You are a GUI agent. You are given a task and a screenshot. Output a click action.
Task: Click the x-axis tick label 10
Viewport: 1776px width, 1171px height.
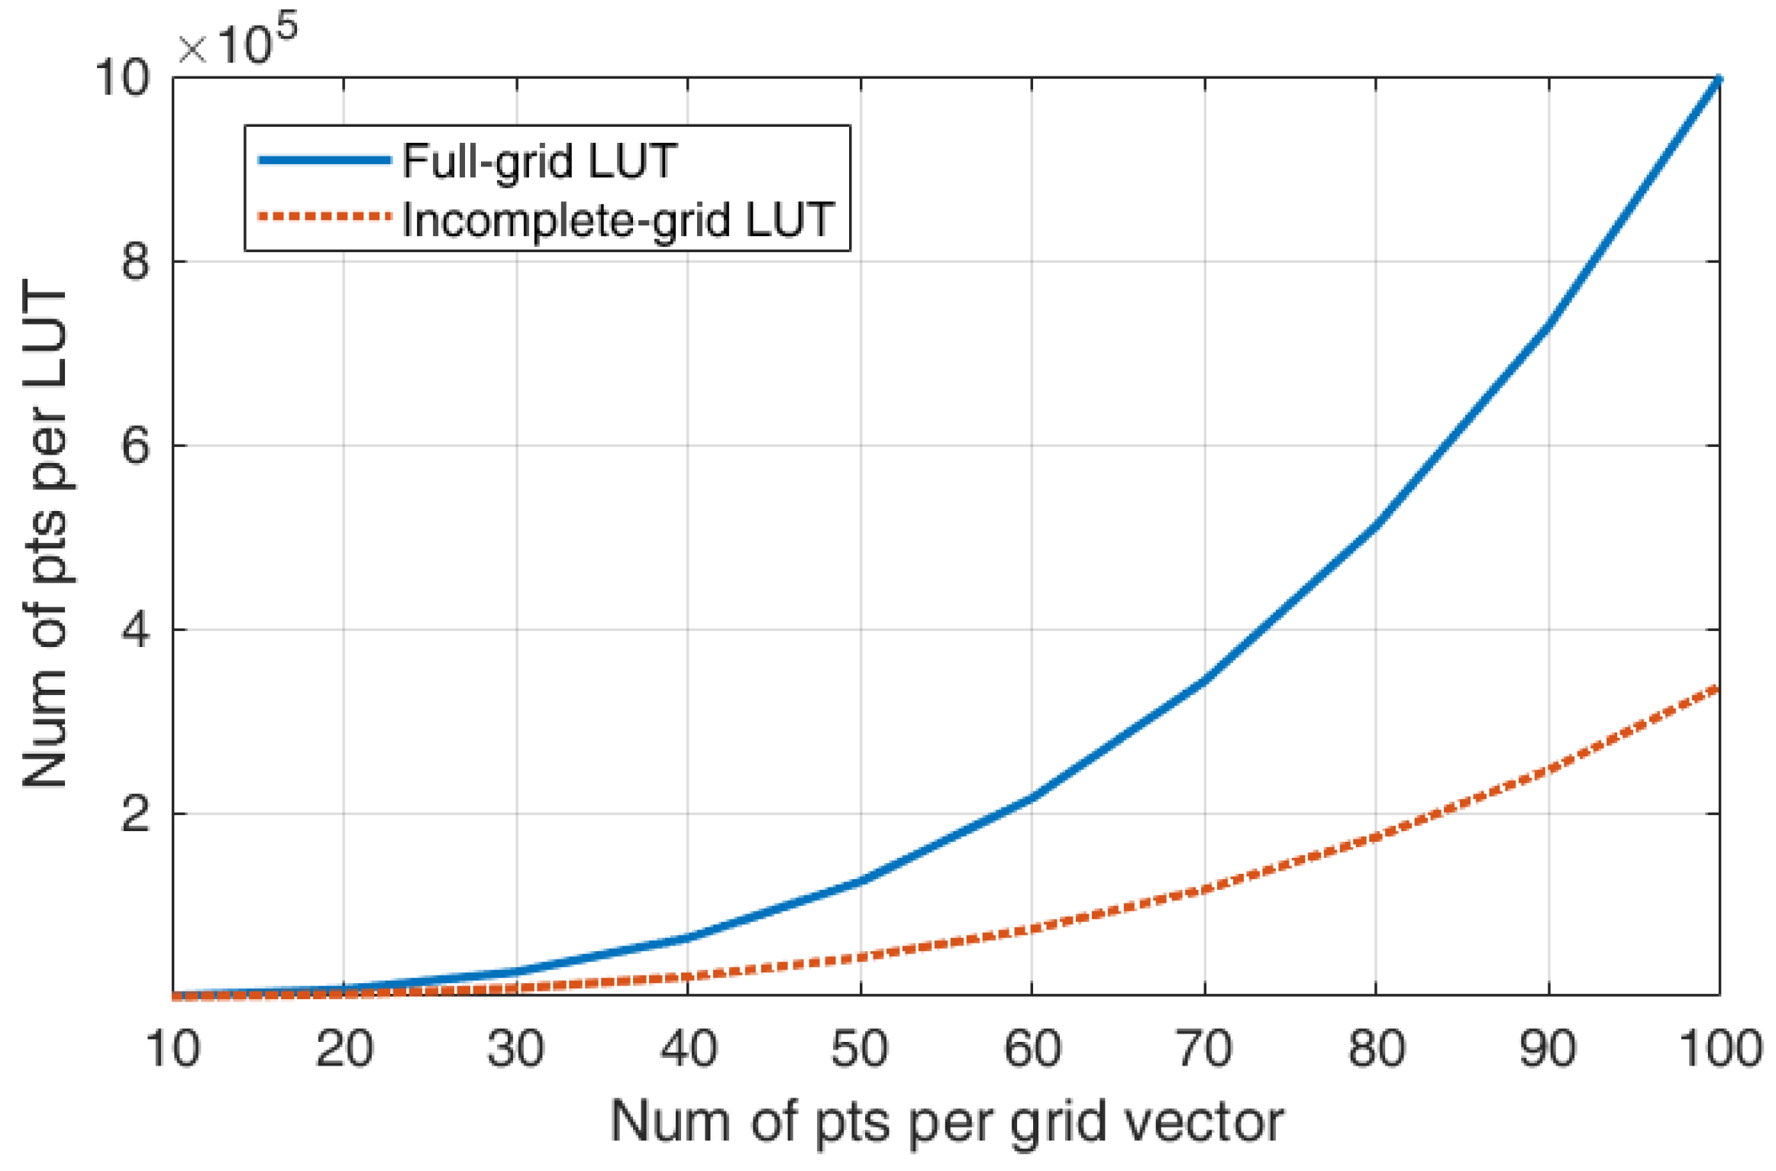point(173,1049)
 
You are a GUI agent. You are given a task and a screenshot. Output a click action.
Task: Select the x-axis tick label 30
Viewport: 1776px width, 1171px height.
point(516,1049)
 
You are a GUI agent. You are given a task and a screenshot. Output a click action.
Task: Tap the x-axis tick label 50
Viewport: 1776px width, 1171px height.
point(860,1049)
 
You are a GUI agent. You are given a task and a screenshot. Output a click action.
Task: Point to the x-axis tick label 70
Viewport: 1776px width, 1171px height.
point(1204,1049)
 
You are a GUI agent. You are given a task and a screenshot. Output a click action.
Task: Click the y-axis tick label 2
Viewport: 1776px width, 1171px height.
point(136,814)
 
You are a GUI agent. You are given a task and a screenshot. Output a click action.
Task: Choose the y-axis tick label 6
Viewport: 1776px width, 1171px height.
point(136,445)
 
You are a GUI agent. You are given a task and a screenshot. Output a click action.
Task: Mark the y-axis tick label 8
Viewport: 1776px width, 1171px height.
point(136,262)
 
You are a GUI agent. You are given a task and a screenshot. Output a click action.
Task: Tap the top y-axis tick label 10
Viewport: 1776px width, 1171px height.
point(122,77)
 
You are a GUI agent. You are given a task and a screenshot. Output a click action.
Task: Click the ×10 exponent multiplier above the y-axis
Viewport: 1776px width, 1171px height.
point(237,42)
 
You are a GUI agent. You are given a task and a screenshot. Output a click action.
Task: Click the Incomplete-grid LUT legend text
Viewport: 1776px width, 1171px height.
point(618,221)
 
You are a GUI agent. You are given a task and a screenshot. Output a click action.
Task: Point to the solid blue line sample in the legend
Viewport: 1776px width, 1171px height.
point(325,160)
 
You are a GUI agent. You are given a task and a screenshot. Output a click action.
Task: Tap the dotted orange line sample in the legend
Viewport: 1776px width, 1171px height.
point(325,217)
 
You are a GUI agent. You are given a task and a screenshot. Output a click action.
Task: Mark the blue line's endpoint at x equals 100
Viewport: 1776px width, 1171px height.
point(1719,79)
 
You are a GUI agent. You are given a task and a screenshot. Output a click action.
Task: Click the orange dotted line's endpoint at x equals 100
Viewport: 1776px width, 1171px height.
point(1718,689)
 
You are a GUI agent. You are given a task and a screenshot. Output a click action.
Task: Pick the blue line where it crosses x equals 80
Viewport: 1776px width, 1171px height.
point(1376,524)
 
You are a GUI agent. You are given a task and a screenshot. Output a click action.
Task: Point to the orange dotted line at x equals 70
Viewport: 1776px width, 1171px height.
point(1204,889)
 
